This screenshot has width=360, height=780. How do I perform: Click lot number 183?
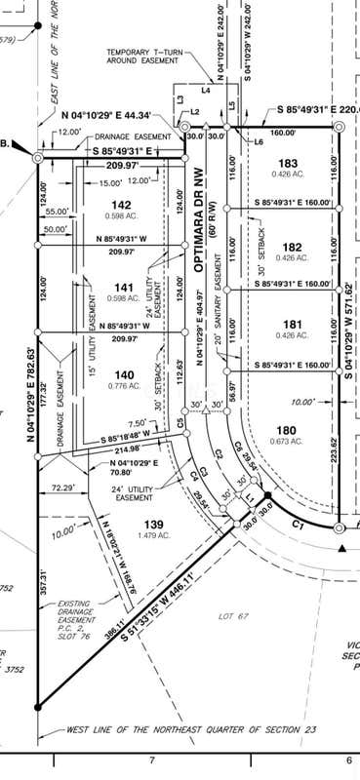(287, 163)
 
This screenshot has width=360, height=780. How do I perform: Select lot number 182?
(287, 247)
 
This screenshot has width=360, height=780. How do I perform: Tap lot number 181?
(287, 325)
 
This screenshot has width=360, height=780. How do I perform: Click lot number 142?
(123, 204)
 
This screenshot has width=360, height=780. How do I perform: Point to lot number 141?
(123, 287)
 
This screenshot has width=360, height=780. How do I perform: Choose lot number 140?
(123, 374)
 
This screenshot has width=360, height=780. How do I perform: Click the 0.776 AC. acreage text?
(123, 386)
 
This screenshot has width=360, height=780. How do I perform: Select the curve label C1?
(300, 526)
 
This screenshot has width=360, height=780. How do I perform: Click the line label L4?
(206, 90)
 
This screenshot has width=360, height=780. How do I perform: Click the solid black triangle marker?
(340, 549)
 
